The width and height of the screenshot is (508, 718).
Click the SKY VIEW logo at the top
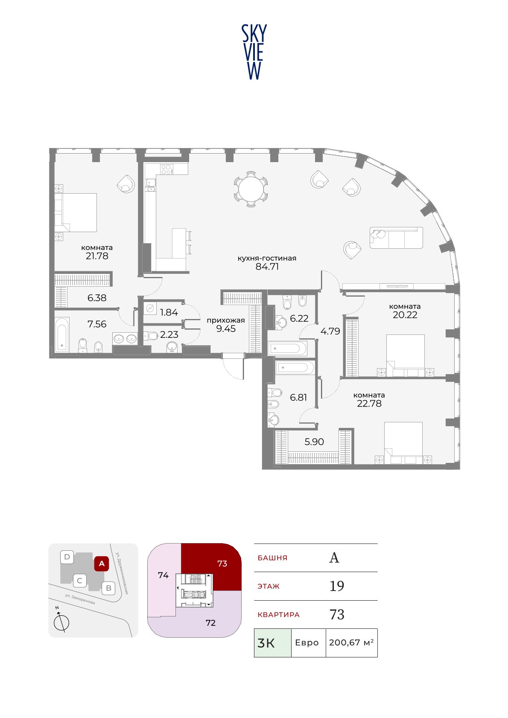click(x=254, y=52)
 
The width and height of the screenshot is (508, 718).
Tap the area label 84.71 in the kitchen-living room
click(x=267, y=267)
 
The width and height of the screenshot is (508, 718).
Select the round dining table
click(x=251, y=189)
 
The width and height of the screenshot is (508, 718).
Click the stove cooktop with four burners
click(x=167, y=169)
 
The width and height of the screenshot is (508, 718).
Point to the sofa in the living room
click(x=396, y=238)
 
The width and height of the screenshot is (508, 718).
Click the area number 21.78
click(x=97, y=256)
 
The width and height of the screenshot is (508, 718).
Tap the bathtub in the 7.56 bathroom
click(x=62, y=335)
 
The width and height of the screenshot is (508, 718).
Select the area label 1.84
click(x=169, y=312)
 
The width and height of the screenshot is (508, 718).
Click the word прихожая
click(x=226, y=320)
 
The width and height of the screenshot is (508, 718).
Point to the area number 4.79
click(x=330, y=331)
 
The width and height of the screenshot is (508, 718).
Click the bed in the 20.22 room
click(x=406, y=355)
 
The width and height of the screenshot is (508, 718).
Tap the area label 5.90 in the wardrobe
click(x=314, y=442)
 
